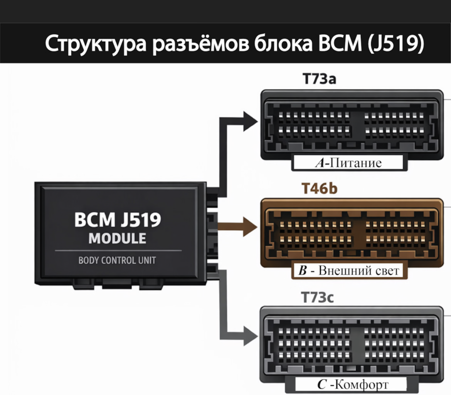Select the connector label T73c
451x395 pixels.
tap(318, 298)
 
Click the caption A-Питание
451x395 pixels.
tap(348, 163)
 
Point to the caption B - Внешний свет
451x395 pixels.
tap(349, 271)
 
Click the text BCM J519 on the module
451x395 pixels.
tap(118, 220)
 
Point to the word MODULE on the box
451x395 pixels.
tap(118, 239)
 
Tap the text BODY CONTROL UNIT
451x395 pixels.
tap(117, 260)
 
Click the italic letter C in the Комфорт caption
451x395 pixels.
tap(322, 385)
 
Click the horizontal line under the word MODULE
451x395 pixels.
tap(118, 251)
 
